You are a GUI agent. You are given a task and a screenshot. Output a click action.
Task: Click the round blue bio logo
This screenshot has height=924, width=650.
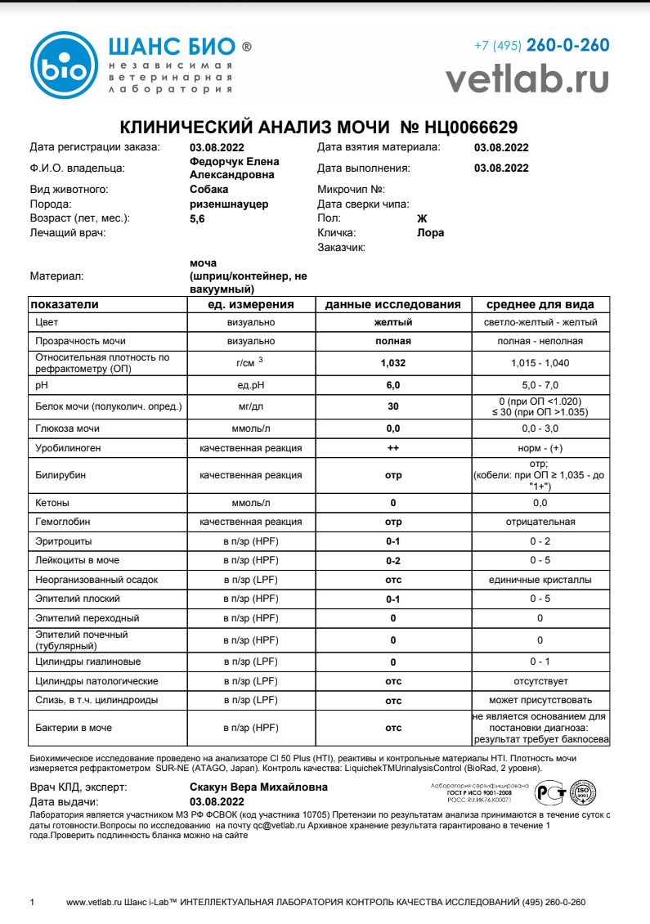pos(65,65)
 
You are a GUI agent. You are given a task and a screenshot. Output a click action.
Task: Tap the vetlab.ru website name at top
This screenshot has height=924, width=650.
pos(527,78)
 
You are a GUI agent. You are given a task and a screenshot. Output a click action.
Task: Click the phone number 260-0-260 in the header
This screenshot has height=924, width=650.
pos(567,46)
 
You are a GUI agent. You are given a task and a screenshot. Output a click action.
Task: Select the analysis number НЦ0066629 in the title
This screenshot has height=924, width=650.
pos(471,128)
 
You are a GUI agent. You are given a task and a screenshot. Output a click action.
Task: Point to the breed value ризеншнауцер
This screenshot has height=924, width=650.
pos(229,204)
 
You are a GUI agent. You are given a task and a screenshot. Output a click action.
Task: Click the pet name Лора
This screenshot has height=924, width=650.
pos(431,232)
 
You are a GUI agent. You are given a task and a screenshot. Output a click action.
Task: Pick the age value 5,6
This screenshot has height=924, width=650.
pos(198,218)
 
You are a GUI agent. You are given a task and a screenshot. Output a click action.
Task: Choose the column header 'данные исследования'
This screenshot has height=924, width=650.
pos(392,304)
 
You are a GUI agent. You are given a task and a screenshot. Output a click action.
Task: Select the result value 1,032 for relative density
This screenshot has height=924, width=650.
pos(392,362)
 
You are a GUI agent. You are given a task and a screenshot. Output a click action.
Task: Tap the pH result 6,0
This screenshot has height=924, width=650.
pos(392,384)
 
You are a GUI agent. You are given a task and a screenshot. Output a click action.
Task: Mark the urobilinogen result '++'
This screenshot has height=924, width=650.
pos(392,448)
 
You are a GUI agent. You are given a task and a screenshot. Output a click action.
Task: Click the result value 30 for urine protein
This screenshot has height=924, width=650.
pos(392,406)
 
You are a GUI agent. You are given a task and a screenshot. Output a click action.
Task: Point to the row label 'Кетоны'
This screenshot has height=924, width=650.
pos(52,502)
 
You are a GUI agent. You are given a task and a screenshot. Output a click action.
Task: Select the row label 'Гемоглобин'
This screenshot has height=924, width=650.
pos(62,522)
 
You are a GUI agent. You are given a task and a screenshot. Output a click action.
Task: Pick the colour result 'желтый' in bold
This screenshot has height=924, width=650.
pos(392,322)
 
